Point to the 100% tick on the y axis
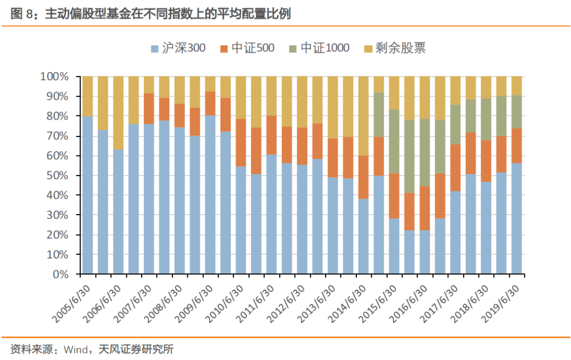click(x=54, y=77)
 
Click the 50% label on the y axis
click(x=57, y=176)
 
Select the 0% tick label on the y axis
click(x=60, y=274)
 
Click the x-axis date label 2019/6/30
click(x=503, y=303)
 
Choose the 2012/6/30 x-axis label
click(x=288, y=303)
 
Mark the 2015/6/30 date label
click(x=380, y=303)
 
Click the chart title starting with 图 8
click(x=151, y=14)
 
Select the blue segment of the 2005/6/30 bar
click(x=88, y=195)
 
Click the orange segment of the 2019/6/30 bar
click(x=517, y=145)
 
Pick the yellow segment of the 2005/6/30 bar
click(x=88, y=96)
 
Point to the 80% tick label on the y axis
click(x=57, y=116)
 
